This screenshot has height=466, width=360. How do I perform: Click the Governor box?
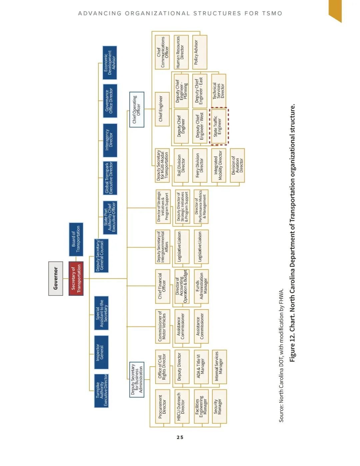[x=56, y=279]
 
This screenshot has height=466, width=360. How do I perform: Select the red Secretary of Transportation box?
[x=76, y=279]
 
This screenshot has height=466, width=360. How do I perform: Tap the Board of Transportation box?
[x=76, y=239]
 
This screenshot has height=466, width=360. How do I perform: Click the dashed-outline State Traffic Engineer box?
[x=219, y=126]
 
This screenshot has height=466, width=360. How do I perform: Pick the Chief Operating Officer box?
[x=137, y=109]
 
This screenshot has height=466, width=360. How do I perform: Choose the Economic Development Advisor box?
[x=110, y=63]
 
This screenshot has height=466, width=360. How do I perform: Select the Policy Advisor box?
[x=199, y=52]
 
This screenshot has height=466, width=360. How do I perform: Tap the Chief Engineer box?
[x=162, y=109]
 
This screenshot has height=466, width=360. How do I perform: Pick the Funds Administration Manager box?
[x=201, y=286]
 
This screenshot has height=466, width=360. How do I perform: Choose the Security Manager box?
[x=219, y=406]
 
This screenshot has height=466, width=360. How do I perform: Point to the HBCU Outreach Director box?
[x=181, y=406]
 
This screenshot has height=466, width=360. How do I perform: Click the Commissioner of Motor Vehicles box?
[x=162, y=326]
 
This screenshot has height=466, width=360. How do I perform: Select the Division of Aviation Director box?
[x=237, y=165]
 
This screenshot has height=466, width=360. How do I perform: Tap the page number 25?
[x=180, y=437]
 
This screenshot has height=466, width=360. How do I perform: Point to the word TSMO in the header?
[x=272, y=13]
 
